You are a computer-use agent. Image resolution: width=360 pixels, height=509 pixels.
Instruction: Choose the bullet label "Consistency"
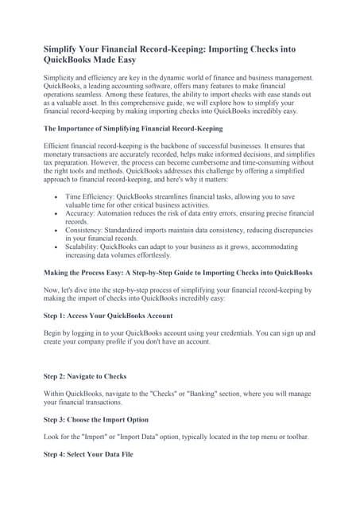tap(86, 230)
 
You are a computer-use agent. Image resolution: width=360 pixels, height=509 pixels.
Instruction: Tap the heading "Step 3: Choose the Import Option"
tap(95, 419)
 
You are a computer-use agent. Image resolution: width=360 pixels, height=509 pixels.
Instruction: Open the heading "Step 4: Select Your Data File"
tap(88, 453)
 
